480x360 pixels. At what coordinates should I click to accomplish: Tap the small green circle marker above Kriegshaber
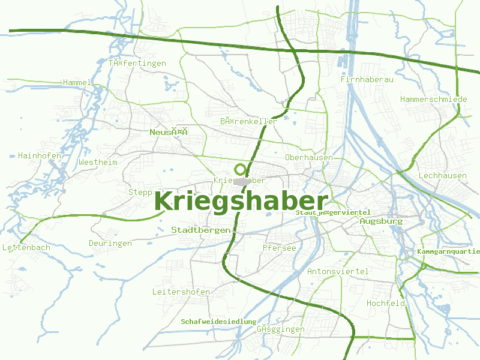pos(241,169)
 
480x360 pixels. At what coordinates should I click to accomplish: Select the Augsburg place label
pos(381,221)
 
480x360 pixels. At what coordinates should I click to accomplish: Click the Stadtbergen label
pos(201,230)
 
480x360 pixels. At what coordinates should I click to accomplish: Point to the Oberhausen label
pos(309,157)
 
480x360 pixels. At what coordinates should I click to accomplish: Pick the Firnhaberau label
pos(367,79)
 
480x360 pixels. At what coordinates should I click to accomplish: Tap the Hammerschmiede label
pos(433,99)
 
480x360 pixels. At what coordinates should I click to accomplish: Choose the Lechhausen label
pos(443,176)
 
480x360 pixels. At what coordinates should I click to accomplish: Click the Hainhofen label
pos(40,155)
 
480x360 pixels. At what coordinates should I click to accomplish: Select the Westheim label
pos(98,162)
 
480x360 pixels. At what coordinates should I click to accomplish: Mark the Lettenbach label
pos(26,247)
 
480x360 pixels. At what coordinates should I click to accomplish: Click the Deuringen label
pos(110,243)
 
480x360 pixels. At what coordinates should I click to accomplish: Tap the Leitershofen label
pos(181,292)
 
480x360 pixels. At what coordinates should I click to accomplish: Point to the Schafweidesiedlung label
pos(218,322)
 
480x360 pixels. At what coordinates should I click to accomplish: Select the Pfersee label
pos(280,247)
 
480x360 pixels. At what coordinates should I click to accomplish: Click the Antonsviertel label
pos(338,271)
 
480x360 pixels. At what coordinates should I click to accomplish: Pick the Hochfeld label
pos(386,303)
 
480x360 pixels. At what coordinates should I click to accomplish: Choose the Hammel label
pos(77,82)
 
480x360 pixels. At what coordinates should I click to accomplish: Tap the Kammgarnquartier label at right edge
pos(448,251)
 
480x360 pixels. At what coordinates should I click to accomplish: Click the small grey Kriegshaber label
pos(239,180)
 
